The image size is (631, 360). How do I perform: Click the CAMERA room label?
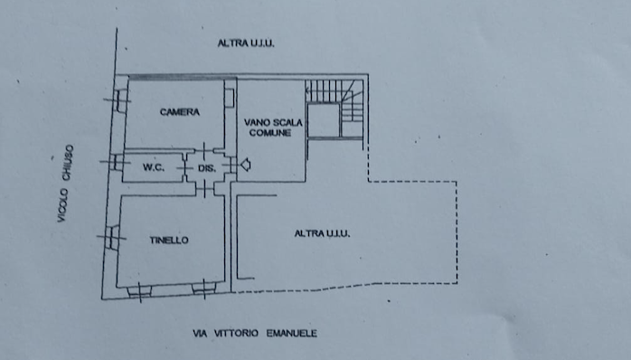coord(180,112)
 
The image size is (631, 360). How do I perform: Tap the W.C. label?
coord(154,167)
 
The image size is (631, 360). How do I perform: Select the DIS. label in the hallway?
coord(207,168)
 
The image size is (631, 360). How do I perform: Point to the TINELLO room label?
coord(169,241)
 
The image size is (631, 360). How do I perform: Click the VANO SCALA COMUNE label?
coord(272,128)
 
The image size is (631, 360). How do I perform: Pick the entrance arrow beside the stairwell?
coord(246,165)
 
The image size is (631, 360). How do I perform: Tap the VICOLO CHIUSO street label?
coord(65,184)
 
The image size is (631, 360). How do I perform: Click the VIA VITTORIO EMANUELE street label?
coord(255,334)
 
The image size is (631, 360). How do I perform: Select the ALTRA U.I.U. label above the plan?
coord(246,43)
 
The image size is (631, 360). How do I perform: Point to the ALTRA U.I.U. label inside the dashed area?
coord(322,233)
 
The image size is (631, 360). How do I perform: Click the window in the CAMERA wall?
coord(120,100)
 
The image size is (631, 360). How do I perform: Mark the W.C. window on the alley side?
coord(117,162)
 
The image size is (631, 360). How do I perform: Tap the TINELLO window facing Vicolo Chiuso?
coord(112,238)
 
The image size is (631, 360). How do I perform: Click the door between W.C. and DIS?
coord(185,166)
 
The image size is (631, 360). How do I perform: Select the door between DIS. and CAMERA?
coord(204,151)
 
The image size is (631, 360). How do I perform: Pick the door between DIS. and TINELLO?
coord(205,188)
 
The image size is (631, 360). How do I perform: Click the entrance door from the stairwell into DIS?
coord(232,166)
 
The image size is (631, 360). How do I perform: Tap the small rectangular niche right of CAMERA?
coord(229,98)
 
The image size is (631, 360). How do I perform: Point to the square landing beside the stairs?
coord(324,121)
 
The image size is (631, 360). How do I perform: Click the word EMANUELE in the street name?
coord(292,334)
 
